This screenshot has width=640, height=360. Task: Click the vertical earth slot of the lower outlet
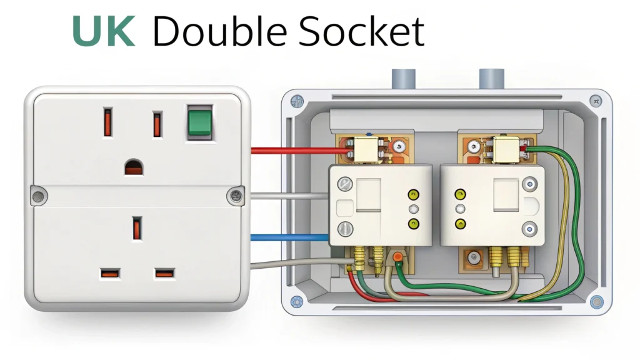(136, 228)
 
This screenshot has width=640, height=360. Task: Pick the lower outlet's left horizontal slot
(109, 273)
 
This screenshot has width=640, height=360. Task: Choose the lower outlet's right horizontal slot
(164, 273)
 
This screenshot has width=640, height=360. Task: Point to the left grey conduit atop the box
(400, 79)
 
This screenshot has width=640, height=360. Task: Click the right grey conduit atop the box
(491, 79)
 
